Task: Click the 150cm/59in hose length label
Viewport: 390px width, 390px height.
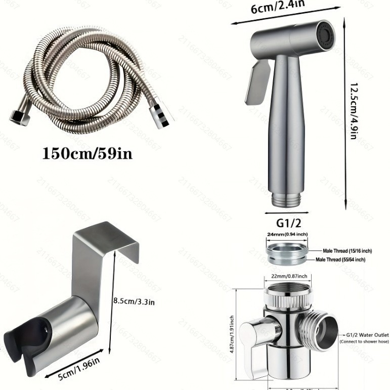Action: point(88,152)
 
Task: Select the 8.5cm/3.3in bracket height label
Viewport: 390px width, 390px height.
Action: point(134,301)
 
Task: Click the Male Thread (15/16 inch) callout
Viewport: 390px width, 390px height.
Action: point(348,251)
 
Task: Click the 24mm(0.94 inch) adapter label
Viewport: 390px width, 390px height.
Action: point(286,234)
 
